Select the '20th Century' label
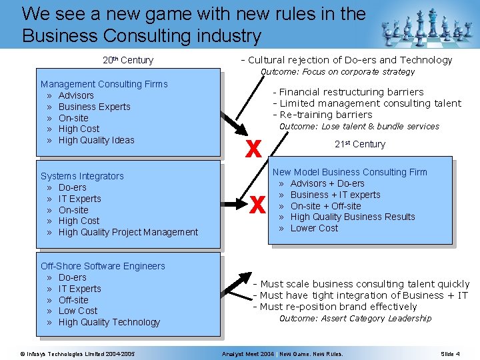point(128,60)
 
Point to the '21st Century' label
point(359,144)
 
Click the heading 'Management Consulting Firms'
point(104,84)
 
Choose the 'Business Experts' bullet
point(94,107)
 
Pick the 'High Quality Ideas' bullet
point(96,140)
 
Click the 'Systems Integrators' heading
point(82,176)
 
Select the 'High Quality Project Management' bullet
point(128,232)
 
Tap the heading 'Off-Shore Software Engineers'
point(103,266)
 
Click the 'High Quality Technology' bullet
point(109,322)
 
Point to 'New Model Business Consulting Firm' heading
point(349,172)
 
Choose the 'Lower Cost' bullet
point(314,228)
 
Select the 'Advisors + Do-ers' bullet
point(327,183)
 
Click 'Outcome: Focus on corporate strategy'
point(337,71)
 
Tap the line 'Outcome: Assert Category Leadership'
point(355,318)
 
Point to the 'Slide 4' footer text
point(450,353)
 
